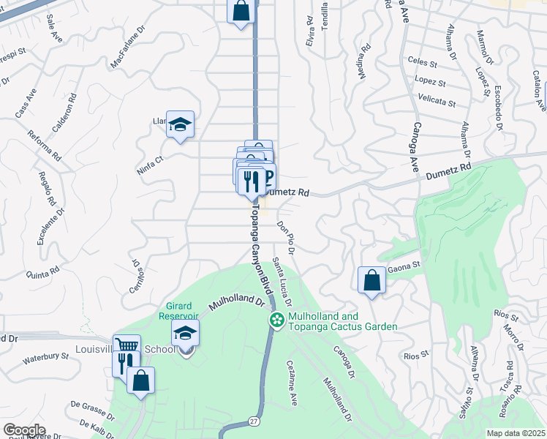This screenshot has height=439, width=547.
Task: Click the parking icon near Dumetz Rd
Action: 267,176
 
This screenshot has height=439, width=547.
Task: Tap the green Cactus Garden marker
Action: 277,320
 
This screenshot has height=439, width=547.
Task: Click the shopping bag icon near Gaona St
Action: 372,279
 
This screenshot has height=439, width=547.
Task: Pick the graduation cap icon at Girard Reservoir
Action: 186,334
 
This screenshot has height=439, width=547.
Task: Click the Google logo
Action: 24,430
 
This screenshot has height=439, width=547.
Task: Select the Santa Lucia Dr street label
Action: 282,282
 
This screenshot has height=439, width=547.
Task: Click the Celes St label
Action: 423,63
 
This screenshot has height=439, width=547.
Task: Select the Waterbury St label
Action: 45,358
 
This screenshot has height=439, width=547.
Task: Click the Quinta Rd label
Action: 42,274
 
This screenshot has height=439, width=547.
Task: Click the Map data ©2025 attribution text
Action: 516,433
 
